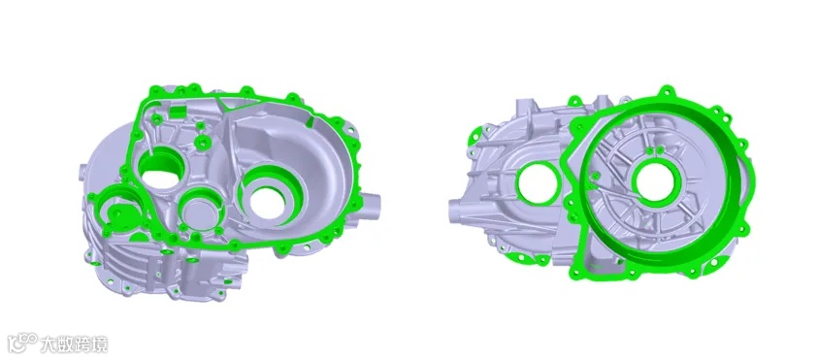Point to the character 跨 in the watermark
pos(83,344)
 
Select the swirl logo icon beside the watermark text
pos(23,344)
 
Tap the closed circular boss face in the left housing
pos(201,213)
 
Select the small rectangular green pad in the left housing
pos(178,112)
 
